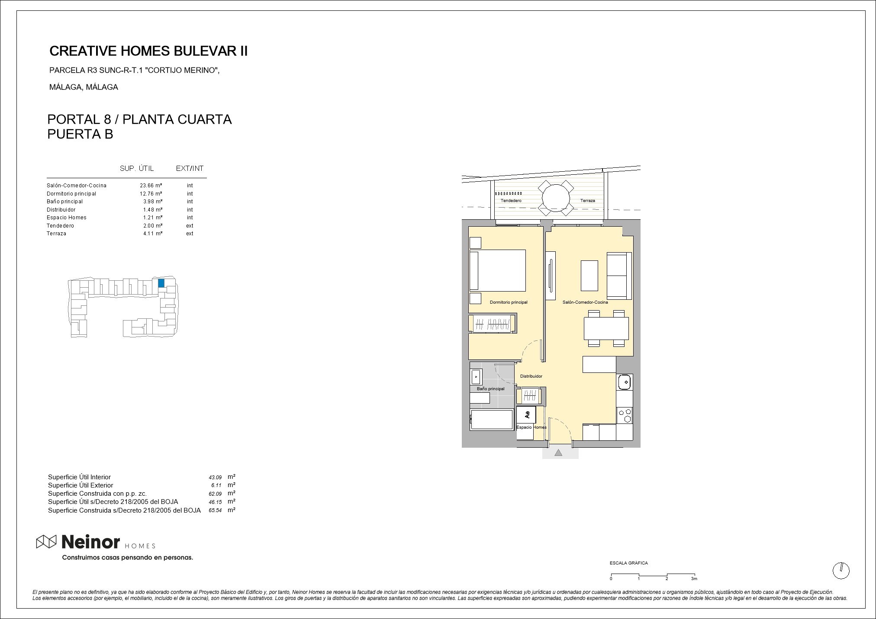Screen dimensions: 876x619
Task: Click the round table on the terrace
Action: pos(556,198)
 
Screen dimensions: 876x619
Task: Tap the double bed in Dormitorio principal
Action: pos(498,270)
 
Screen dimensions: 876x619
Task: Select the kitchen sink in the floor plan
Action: pos(624,382)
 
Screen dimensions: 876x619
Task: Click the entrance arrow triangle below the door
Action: pos(558,452)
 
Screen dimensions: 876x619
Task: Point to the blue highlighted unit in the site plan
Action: pos(161,283)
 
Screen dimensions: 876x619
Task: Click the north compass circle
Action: pos(841,571)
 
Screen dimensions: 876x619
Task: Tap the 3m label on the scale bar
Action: pos(694,578)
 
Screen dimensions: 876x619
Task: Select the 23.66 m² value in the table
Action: pos(151,186)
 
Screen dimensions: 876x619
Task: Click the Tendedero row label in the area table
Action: pos(60,226)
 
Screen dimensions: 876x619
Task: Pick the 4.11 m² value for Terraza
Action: pos(153,234)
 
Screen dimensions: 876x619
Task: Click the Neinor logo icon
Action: pos(46,541)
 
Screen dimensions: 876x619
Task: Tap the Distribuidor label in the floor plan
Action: pos(531,376)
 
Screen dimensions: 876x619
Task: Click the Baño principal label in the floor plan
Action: pos(490,389)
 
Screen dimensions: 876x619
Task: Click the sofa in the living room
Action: pos(619,276)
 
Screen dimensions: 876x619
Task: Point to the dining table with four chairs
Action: pos(606,328)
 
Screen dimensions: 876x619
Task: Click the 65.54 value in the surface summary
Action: pos(215,510)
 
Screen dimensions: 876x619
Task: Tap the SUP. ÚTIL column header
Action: pos(137,168)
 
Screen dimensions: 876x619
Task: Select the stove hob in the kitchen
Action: pos(624,416)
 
